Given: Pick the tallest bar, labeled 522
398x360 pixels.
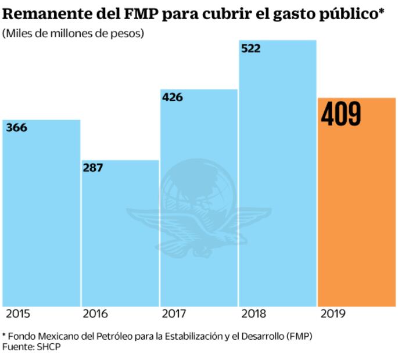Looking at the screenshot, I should coord(278,174).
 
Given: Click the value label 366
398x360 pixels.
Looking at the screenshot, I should coord(17,128).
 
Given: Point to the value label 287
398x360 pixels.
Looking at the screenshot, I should coord(93,168).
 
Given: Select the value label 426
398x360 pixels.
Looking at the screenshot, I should coord(172,97).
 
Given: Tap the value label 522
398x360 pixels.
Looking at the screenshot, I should coord(250,49).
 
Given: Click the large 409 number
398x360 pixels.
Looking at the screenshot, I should coord(341,115).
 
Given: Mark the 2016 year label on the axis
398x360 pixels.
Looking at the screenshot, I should coord(95,314).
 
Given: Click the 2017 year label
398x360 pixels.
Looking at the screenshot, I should coord(174,314).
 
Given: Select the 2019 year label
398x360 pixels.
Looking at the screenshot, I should coord(332,314).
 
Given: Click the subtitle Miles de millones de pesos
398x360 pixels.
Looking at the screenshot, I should coord(73,33).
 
